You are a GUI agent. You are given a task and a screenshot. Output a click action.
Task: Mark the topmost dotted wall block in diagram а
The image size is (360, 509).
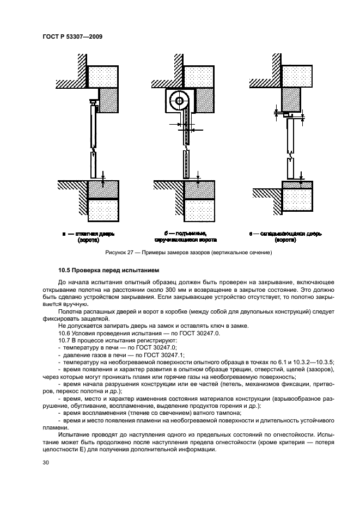click(104, 76)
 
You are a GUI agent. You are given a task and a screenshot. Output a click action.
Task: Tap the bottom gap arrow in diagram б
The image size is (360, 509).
click(198, 175)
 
